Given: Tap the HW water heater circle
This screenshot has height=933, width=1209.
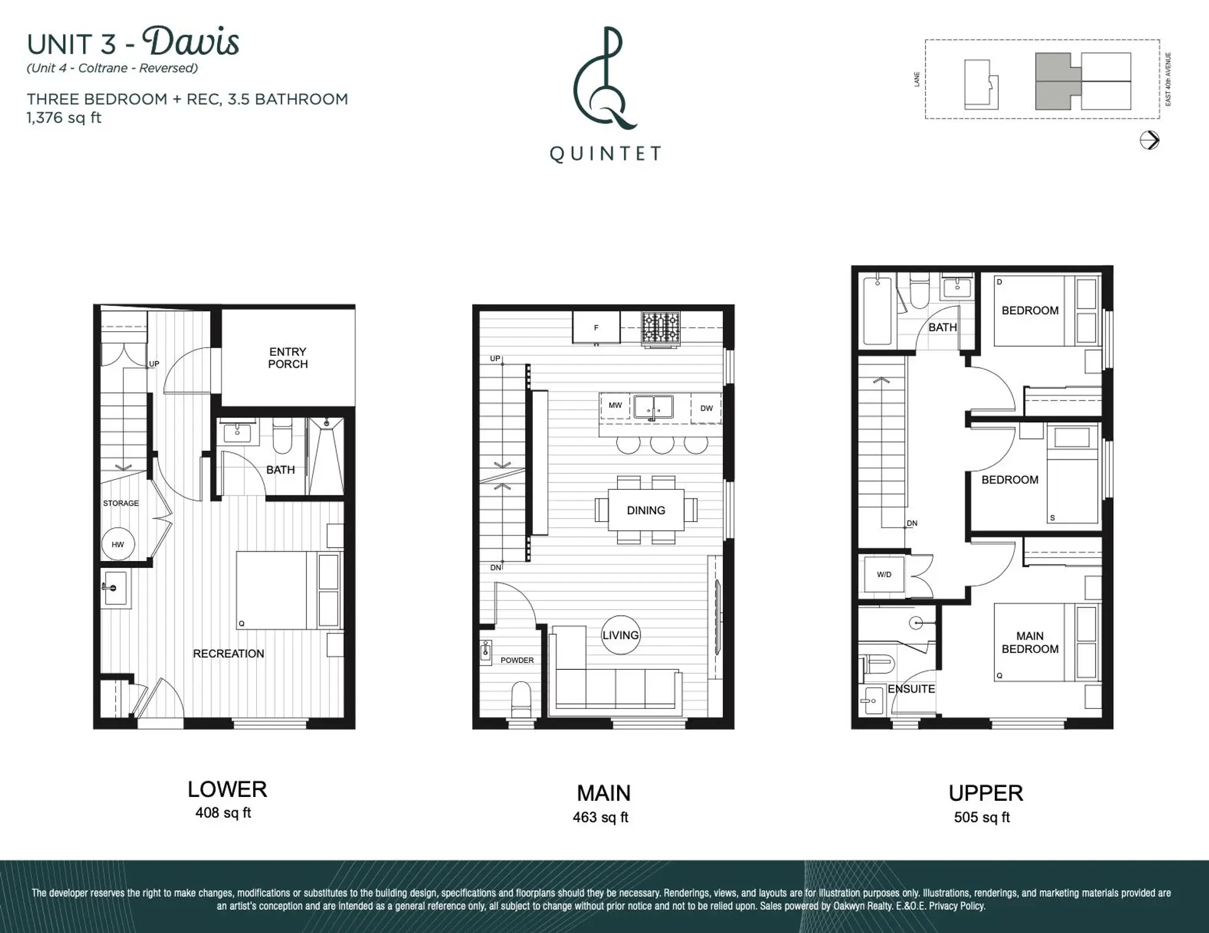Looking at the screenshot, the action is [118, 544].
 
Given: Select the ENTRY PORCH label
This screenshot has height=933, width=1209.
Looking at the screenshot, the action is [288, 358].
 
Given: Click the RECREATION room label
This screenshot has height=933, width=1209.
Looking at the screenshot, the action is [229, 653].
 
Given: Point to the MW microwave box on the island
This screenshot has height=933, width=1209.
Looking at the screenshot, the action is [615, 405].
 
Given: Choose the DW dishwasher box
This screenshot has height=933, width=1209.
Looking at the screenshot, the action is [707, 409].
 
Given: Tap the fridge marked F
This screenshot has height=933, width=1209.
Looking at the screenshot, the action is [596, 327].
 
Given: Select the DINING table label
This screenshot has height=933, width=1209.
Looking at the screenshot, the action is [646, 511].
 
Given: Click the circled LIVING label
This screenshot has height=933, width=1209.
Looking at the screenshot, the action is [621, 635].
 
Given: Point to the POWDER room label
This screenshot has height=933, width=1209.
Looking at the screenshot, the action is [517, 660].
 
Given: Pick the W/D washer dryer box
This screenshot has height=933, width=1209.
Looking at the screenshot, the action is [884, 574].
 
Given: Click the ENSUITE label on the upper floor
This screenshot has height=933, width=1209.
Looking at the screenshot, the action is [911, 689].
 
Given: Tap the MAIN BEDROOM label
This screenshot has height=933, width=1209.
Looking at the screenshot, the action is [1030, 643].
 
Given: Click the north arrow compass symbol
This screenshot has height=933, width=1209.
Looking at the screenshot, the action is [1150, 140].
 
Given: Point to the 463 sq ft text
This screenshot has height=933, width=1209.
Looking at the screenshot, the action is [601, 817].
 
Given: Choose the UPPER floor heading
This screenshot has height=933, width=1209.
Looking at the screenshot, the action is [986, 793].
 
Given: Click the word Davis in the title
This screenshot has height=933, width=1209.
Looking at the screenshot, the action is [191, 42].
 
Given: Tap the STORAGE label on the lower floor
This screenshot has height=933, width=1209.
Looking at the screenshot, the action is [121, 503].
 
